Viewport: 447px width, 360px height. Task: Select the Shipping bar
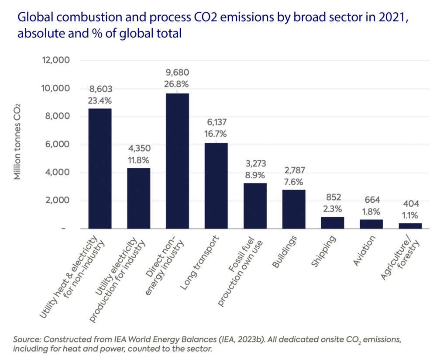tap(332, 222)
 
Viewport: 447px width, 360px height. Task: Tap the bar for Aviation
tap(371, 224)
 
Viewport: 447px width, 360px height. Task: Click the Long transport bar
tap(216, 186)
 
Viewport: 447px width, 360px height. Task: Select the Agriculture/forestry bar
tap(410, 225)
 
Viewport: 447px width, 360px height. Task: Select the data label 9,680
tap(176, 73)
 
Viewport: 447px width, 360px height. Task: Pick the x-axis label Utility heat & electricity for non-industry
tap(74, 275)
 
